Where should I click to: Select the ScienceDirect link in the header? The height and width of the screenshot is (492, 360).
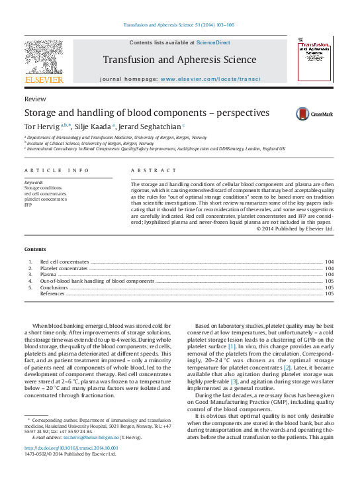coord(213,42)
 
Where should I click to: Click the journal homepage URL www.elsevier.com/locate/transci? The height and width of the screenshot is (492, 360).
coord(210,79)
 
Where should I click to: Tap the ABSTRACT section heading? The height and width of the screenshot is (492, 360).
coord(148,170)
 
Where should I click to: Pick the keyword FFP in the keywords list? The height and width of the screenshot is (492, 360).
coord(28,205)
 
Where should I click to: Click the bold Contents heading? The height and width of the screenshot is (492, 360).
coord(35,249)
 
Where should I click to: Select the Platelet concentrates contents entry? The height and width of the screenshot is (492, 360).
coord(64,268)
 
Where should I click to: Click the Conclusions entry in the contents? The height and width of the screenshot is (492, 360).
coord(54,287)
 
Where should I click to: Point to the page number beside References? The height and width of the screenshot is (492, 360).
coord(329,294)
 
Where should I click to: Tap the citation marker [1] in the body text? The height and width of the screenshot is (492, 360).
coord(232,346)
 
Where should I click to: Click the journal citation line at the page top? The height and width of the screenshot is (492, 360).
coord(179,25)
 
